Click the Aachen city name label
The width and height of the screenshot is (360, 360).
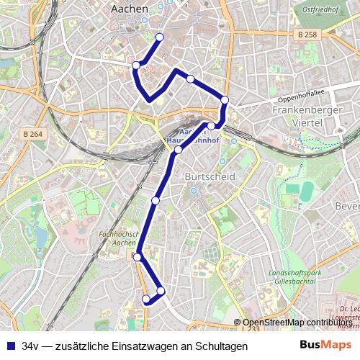pos(130,9)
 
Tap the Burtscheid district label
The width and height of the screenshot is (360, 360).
pos(207,176)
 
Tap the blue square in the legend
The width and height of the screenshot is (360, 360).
pos(10,346)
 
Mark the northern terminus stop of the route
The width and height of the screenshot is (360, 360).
pos(160,37)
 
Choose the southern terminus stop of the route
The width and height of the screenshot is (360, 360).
pos(146,299)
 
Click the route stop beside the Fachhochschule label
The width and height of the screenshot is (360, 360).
pos(137,256)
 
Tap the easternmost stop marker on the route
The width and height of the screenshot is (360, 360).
pos(225,100)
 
